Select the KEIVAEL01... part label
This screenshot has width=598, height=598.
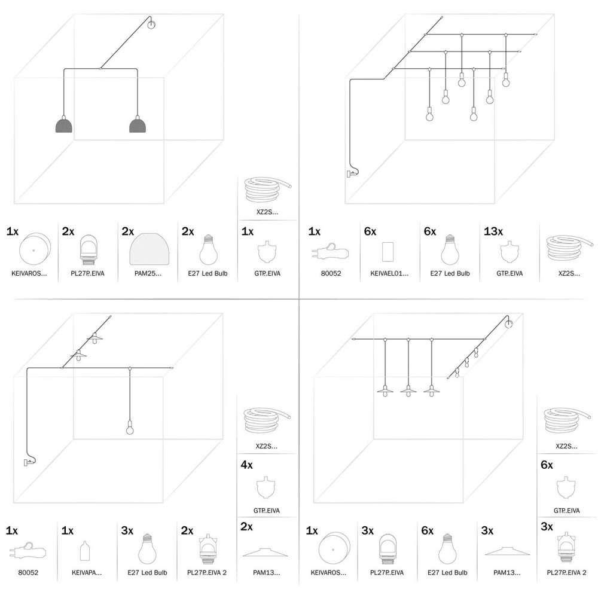tap(386, 273)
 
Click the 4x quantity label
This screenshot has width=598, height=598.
tap(246, 465)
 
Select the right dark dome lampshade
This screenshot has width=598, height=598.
tap(138, 125)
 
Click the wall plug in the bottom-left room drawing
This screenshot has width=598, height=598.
tap(28, 461)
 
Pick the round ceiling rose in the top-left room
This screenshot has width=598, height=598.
tap(151, 25)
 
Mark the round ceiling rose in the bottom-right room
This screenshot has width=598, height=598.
tap(508, 324)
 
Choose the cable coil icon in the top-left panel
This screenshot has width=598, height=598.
tap(267, 191)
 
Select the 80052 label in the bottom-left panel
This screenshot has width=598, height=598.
tap(28, 572)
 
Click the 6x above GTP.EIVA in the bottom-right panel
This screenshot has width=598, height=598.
tap(546, 465)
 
